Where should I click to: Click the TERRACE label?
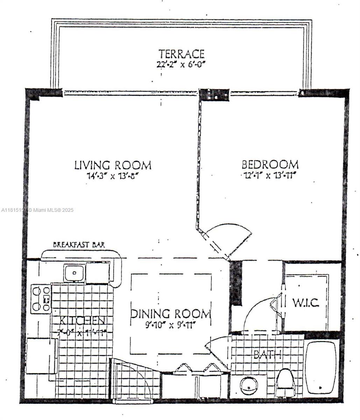[x=181, y=54]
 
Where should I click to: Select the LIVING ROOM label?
[x=113, y=165]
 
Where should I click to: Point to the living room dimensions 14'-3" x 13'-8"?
[x=113, y=176]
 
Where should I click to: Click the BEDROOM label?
[x=270, y=164]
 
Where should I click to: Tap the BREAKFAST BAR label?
[x=79, y=245]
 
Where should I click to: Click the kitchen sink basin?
[x=74, y=273]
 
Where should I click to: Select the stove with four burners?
[x=41, y=299]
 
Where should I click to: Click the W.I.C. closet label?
[x=305, y=303]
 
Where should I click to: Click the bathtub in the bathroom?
[x=321, y=367]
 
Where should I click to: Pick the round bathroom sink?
[x=249, y=384]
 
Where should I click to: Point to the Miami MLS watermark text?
[x=37, y=210]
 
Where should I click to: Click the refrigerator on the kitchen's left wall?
[x=41, y=356]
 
